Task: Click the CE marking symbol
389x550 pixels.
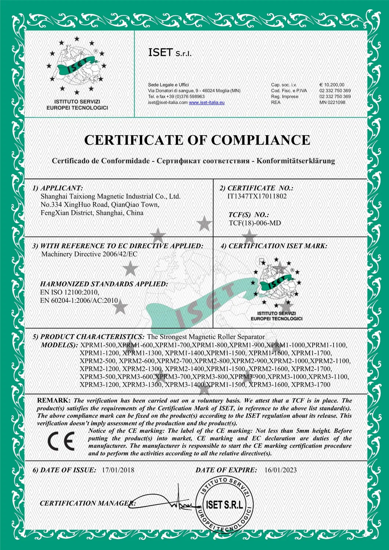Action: point(61,441)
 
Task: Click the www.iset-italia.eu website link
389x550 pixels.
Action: point(206,103)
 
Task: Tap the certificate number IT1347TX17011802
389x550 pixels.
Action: point(257,196)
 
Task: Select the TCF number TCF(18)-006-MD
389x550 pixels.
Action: point(255,223)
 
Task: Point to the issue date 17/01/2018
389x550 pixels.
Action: point(118,470)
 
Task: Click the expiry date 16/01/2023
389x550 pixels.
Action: point(280,470)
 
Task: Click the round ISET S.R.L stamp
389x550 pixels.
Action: point(224,504)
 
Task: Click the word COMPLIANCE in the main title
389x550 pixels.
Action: point(260,140)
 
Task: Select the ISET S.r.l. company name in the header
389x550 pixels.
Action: point(169,53)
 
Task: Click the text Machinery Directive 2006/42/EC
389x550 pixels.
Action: point(89,254)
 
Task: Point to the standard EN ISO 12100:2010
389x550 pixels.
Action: point(69,292)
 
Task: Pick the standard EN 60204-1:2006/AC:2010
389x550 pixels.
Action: point(79,301)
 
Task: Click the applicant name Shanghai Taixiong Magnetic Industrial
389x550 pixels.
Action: point(110,197)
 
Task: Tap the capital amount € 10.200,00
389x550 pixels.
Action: point(332,85)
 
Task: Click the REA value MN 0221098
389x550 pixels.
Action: point(332,103)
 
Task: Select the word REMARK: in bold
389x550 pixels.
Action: point(54,400)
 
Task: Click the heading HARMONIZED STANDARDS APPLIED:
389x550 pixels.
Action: point(104,284)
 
